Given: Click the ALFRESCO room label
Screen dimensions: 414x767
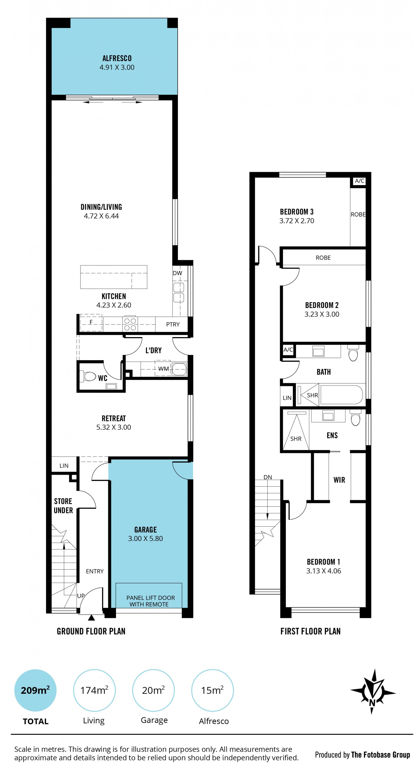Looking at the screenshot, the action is (x=117, y=58).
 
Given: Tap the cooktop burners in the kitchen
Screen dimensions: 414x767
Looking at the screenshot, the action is (x=130, y=324).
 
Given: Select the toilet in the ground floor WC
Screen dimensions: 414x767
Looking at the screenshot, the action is (x=88, y=376).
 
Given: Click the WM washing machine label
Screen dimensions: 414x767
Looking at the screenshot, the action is (x=163, y=369).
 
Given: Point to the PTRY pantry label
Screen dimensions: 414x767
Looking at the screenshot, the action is (x=173, y=324).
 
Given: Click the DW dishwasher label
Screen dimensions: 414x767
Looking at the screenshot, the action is (x=177, y=273).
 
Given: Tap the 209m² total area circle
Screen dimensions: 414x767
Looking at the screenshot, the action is (x=35, y=690).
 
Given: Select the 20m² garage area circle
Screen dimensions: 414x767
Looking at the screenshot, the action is (x=154, y=690).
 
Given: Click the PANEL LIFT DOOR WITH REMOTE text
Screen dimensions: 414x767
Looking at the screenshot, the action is (x=150, y=601).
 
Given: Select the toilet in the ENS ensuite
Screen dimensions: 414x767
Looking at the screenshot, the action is (x=355, y=418).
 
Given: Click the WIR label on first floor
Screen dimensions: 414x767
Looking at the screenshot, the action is (x=339, y=480).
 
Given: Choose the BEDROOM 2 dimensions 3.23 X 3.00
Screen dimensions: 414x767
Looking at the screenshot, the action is (x=322, y=314).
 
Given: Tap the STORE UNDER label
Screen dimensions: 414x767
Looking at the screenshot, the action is (x=63, y=506).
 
